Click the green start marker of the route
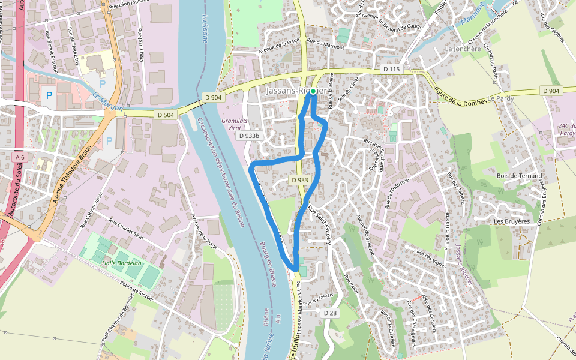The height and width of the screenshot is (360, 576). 313,91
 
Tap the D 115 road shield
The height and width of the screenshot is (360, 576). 391,70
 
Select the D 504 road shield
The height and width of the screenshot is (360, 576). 165,114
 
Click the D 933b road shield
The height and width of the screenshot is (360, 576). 249,136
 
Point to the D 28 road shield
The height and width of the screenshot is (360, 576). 330,313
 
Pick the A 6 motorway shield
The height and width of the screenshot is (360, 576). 20,157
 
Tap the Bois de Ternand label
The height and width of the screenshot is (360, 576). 519,176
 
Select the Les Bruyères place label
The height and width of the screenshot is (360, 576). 511,221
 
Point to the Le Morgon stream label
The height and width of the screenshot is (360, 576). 108,101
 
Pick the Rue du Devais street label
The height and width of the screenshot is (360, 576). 318,298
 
